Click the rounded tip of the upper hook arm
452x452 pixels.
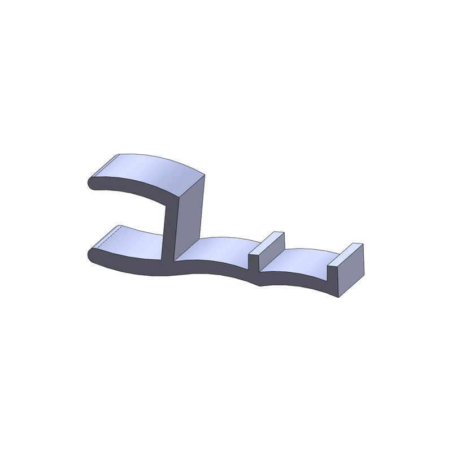tap(90, 183)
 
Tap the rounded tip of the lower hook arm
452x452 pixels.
tap(91, 254)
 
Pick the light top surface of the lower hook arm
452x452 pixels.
tap(133, 240)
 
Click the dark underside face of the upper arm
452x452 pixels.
tap(136, 193)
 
